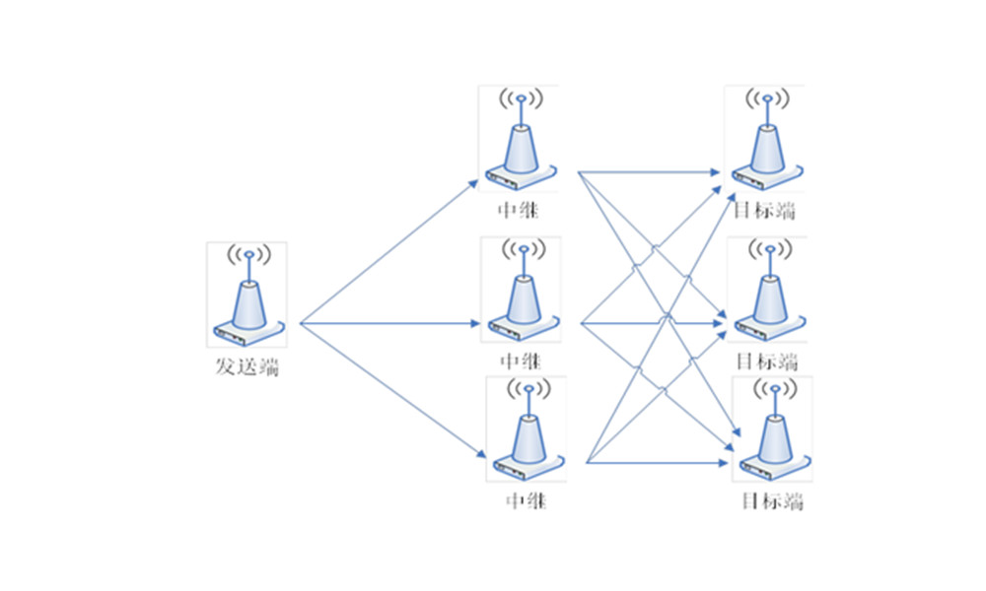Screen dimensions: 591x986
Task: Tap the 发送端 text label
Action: point(246,369)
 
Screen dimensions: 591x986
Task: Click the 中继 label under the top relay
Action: point(520,209)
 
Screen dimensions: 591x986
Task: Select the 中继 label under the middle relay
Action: point(520,360)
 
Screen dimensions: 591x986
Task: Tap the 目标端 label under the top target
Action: point(764,209)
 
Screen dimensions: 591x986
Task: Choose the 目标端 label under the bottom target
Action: point(772,501)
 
